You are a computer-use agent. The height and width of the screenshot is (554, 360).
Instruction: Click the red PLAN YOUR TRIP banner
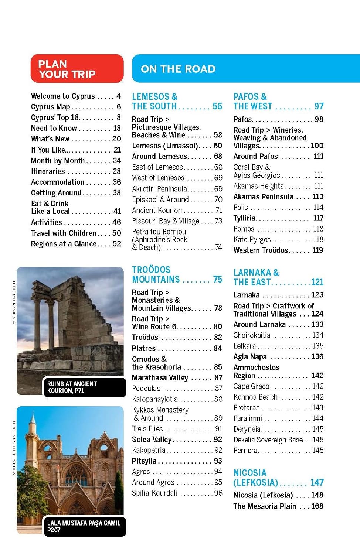point(77,69)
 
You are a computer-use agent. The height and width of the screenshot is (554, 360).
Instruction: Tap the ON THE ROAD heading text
point(178,69)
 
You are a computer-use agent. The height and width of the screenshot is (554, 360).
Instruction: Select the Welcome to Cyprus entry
point(63,96)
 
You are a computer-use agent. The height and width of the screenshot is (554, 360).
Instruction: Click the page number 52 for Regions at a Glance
point(117,244)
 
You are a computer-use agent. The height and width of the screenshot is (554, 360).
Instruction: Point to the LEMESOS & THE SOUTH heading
point(155,102)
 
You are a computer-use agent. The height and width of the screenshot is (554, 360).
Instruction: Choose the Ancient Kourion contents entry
point(157,210)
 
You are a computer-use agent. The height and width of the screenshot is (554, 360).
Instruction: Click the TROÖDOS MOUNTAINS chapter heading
point(156,274)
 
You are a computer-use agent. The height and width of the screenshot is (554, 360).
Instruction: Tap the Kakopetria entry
point(149,450)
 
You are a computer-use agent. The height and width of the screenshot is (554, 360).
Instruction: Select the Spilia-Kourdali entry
point(154,493)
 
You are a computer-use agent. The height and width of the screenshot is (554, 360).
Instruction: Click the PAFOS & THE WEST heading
point(253,102)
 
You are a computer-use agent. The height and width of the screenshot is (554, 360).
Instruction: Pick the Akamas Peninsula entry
point(264,196)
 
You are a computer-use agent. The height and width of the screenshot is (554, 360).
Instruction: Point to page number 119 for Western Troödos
point(318,250)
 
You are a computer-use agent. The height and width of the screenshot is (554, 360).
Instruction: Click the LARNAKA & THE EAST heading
point(256,277)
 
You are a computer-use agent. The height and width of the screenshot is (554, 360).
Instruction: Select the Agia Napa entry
point(250,356)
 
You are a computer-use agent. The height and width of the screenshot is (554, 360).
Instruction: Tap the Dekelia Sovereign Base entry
point(268,440)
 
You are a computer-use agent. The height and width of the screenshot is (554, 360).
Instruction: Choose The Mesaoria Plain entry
point(265,506)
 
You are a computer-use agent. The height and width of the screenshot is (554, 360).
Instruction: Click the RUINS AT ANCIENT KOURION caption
point(72,387)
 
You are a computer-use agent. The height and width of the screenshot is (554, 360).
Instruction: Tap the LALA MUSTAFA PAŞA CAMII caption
point(84,526)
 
